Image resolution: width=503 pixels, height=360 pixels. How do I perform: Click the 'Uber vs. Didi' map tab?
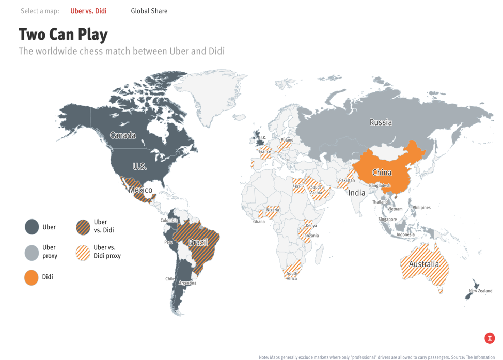point(88,11)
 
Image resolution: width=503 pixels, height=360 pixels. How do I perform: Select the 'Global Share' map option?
point(149,11)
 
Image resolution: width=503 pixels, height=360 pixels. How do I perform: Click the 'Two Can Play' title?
point(63,34)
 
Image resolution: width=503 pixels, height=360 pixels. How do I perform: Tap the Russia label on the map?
point(381,122)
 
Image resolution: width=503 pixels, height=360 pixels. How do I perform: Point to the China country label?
point(382,173)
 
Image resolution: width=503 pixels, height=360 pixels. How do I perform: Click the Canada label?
point(123,135)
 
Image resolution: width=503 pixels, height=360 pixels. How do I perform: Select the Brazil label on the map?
point(198,242)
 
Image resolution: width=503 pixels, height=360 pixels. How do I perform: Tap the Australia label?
point(424,264)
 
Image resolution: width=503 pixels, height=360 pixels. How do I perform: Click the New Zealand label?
point(480,291)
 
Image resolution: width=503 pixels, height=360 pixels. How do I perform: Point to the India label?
point(357,193)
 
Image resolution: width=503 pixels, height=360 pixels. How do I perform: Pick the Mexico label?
point(141,190)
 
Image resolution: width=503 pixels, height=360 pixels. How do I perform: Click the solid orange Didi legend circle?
point(32,277)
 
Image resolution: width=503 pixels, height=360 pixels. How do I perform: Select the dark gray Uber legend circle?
point(32,227)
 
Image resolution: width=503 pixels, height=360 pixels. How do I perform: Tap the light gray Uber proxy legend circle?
point(32,252)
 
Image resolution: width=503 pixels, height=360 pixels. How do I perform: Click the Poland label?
point(287,140)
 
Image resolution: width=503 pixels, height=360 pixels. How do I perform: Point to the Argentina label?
point(187,283)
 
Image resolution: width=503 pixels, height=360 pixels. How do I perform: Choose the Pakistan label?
point(347,180)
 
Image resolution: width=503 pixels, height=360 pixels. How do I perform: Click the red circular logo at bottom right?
point(490,338)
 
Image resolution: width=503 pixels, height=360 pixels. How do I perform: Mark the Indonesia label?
point(405,234)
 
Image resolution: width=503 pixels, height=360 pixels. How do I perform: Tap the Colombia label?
point(169,221)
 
